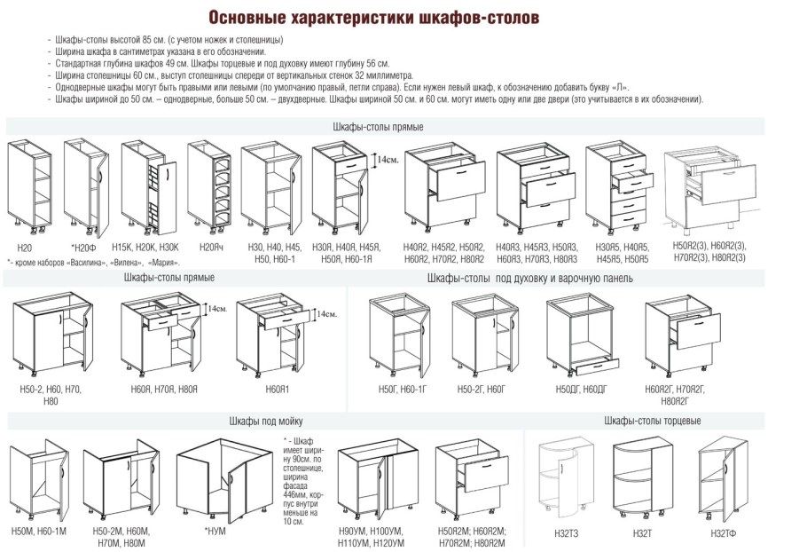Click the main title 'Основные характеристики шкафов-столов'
[x=372, y=18]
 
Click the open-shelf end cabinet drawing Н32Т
[x=643, y=479]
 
